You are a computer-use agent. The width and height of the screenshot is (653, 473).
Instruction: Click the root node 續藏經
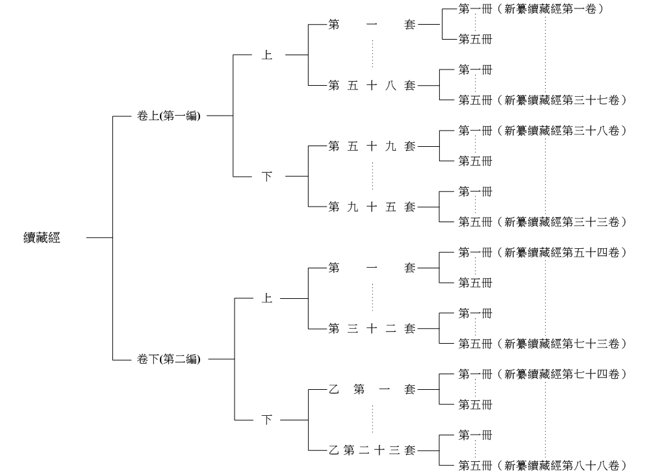pos(42,238)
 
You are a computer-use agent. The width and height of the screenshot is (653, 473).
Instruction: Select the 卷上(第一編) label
pos(169,116)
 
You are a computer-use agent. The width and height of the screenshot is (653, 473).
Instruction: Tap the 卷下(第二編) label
pos(169,359)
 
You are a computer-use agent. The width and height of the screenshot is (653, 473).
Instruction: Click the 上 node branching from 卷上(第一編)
pos(267,55)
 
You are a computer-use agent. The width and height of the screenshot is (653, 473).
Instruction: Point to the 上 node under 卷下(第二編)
pos(267,299)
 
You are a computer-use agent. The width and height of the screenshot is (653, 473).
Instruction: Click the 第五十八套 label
pos(372,86)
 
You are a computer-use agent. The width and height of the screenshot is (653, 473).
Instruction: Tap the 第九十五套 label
pos(372,207)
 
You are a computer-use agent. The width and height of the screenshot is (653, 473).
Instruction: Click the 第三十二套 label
pos(372,329)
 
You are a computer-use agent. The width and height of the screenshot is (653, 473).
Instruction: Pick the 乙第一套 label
pos(372,390)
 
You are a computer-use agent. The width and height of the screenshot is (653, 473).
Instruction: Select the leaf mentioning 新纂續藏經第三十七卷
pos(542,100)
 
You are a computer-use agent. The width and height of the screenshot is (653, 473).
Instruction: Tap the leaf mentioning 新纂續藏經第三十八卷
pos(542,131)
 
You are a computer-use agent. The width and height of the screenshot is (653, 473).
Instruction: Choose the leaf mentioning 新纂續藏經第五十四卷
pos(542,252)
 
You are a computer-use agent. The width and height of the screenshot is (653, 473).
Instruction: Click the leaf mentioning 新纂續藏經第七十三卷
pos(542,343)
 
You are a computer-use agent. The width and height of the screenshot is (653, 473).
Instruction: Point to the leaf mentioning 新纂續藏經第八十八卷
pos(542,465)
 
